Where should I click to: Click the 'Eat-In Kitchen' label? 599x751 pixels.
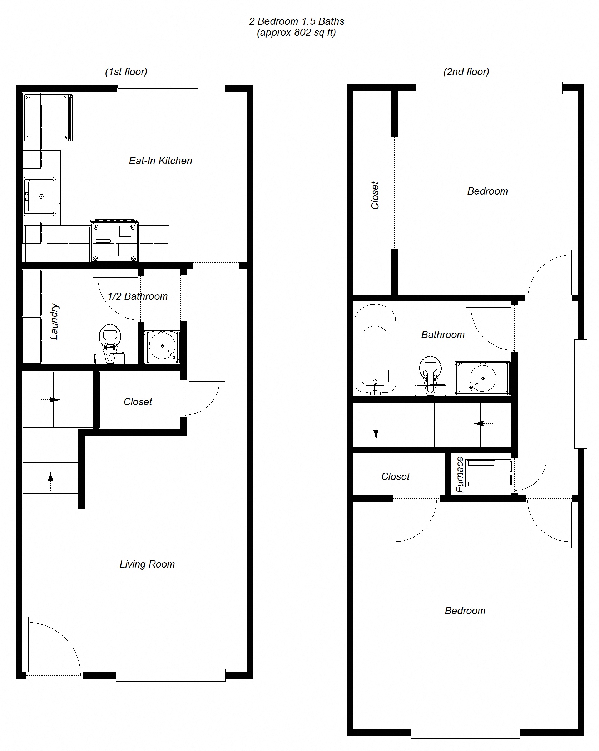click(x=160, y=161)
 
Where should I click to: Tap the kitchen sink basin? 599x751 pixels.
click(x=40, y=196)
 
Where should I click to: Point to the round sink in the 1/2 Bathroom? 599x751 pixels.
click(x=162, y=347)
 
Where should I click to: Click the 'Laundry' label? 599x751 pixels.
click(x=54, y=321)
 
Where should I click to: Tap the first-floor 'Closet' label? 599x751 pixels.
click(x=138, y=402)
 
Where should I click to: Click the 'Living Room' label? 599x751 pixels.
click(x=147, y=564)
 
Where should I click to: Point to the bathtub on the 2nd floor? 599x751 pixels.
click(x=375, y=349)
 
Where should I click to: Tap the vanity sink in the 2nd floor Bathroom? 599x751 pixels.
click(x=482, y=378)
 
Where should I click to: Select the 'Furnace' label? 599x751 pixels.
click(x=460, y=475)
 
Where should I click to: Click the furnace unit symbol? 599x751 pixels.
click(x=481, y=473)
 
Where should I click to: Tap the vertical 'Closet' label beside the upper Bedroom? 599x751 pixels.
click(x=375, y=195)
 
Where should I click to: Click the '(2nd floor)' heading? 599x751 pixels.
click(x=466, y=72)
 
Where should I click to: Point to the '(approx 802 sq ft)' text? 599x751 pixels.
click(x=296, y=33)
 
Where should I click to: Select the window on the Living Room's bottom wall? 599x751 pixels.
click(x=170, y=675)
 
